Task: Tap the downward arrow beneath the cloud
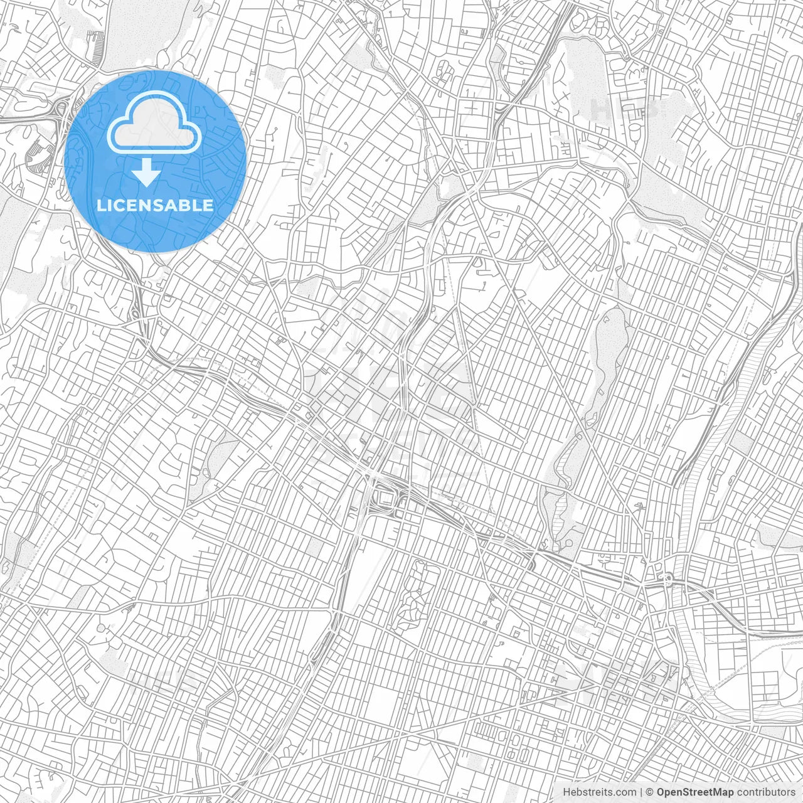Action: (x=146, y=173)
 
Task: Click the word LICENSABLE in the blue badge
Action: (x=155, y=205)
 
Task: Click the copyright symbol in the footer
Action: (x=650, y=792)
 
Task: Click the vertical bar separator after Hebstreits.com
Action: (x=641, y=792)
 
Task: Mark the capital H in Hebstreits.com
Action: (x=566, y=792)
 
